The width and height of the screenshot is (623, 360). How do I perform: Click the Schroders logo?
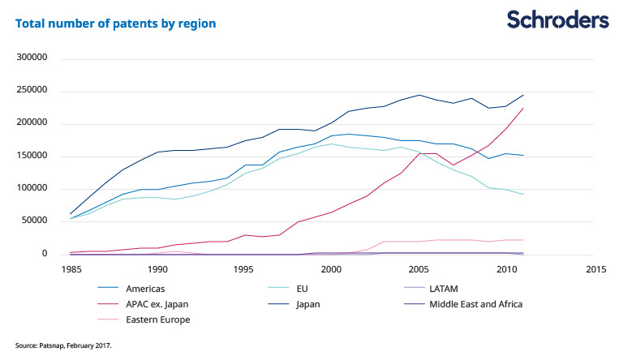(x=557, y=19)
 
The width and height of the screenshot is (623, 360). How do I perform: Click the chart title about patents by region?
(x=116, y=24)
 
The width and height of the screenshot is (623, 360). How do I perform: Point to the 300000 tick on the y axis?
(x=32, y=58)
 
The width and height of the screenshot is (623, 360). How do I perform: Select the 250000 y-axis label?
(x=32, y=91)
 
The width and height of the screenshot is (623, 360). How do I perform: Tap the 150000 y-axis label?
(x=32, y=156)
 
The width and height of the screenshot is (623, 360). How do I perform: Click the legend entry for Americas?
(x=148, y=288)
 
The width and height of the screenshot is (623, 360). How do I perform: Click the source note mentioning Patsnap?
(x=64, y=345)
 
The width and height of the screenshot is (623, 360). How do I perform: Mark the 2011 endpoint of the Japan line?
(x=524, y=95)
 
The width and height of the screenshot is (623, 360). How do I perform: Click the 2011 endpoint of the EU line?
(x=524, y=195)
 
